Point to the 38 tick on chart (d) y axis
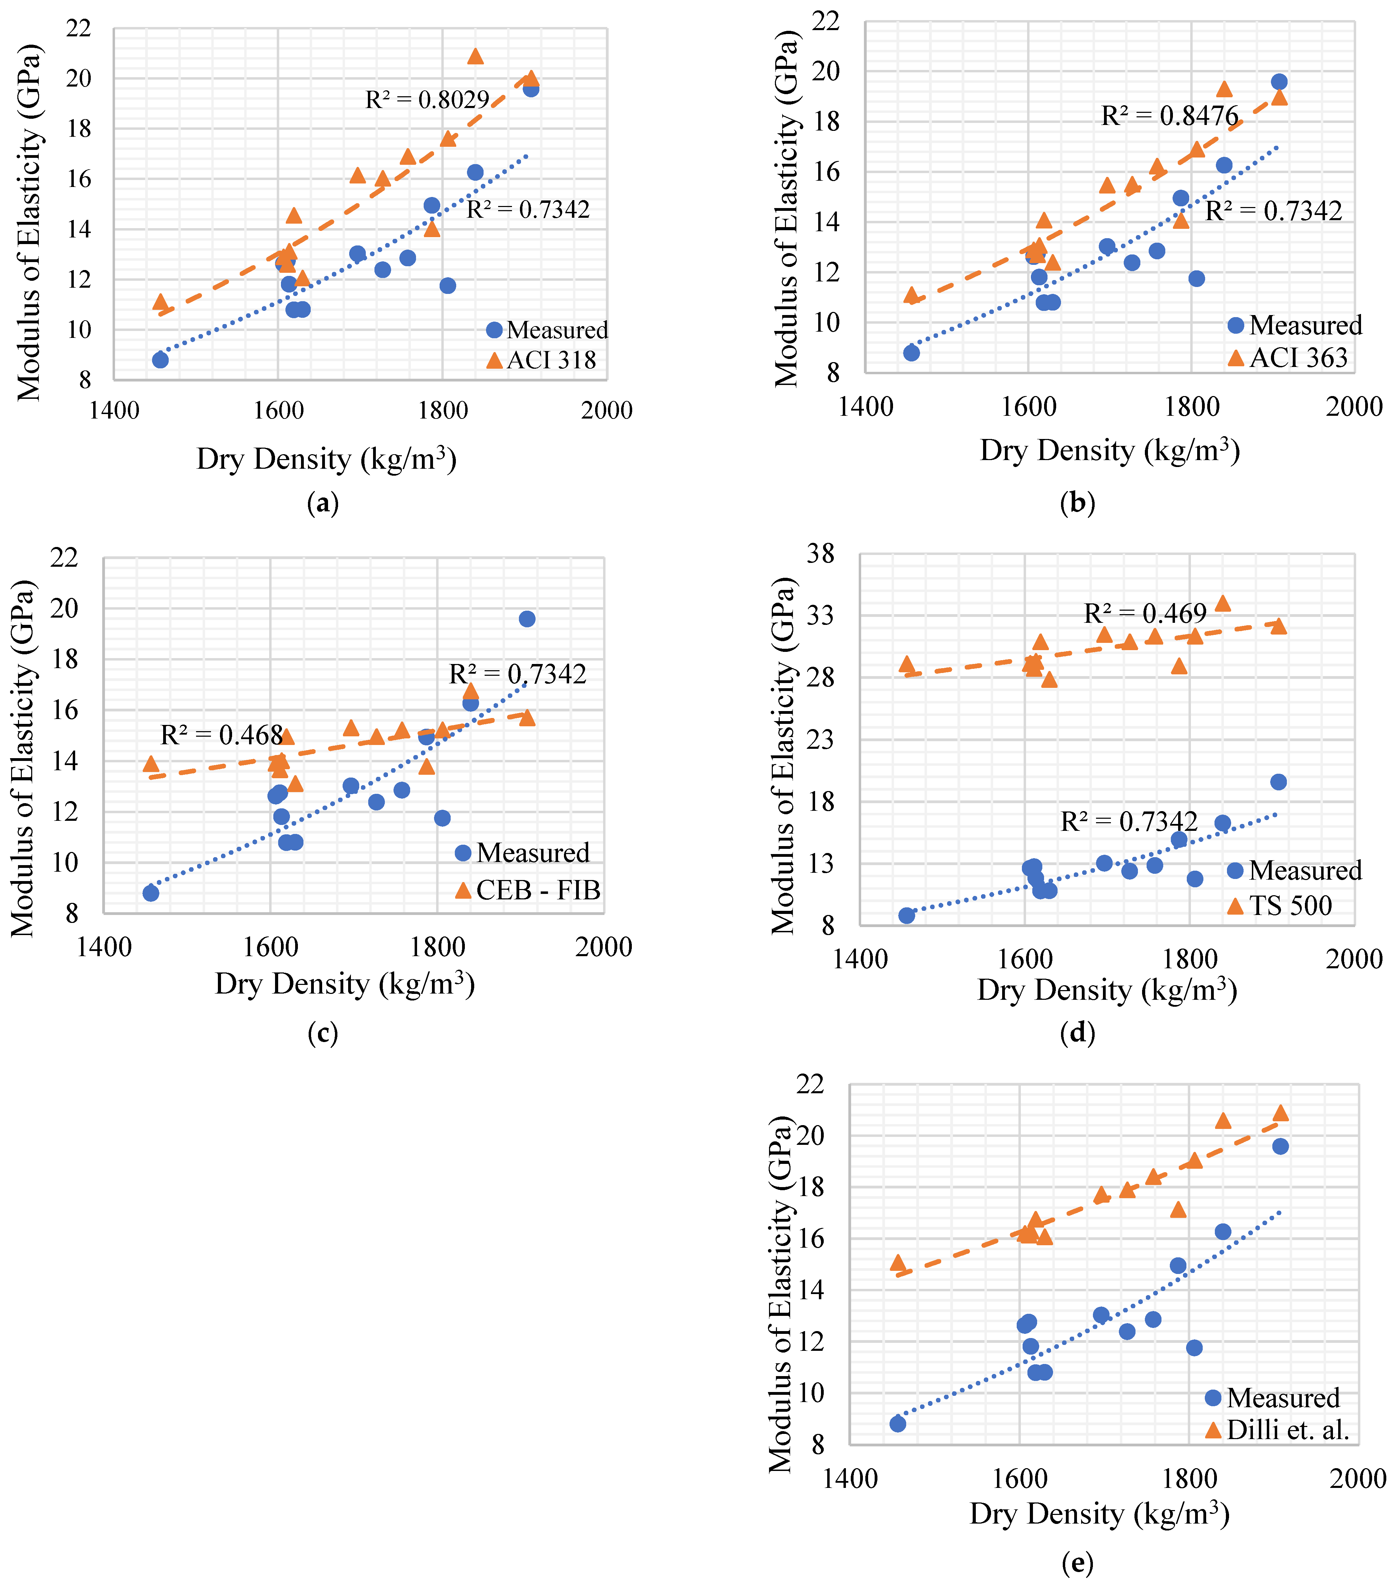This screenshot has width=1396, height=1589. (821, 554)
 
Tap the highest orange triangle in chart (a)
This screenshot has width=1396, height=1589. (475, 56)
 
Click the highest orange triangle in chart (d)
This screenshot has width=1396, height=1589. (1222, 603)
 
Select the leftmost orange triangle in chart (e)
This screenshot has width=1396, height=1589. (898, 1262)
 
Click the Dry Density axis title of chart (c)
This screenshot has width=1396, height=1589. (345, 984)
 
